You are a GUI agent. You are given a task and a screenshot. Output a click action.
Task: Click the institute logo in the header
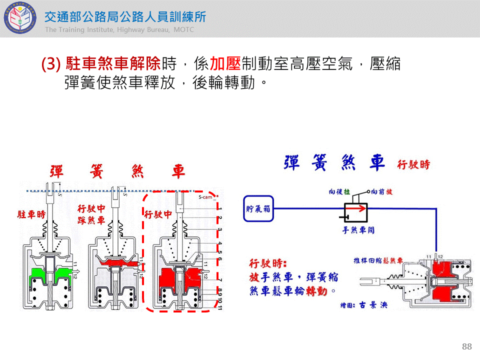point(18,18)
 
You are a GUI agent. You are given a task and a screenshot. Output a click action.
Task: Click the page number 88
point(467,346)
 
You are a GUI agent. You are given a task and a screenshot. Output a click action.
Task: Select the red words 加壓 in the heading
point(225,64)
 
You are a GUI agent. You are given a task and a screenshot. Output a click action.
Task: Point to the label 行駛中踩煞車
point(91,214)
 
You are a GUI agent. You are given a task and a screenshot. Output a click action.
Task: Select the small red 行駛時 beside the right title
point(413,164)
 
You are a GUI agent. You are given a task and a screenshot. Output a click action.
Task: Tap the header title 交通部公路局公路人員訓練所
point(125,16)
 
